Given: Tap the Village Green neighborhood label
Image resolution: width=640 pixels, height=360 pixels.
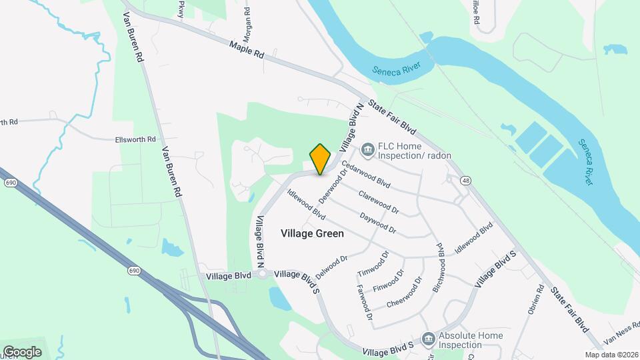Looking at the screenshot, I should coord(313,233).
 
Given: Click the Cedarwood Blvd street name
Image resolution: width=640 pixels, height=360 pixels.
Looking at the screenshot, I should coord(365,172).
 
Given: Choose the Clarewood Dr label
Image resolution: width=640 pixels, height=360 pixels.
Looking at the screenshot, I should coord(378,203).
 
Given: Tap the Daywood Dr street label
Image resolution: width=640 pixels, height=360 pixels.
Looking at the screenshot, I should coord(378,223).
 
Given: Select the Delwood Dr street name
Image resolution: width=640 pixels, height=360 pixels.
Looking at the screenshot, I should coord(332,267).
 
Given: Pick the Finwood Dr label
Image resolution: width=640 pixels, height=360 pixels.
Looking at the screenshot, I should coord(389,281).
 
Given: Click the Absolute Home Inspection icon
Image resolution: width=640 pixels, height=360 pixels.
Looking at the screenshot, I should coord(428,339).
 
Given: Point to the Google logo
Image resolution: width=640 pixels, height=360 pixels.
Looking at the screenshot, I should coord(23,351).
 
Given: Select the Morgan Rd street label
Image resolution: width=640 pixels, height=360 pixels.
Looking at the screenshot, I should coord(248,21).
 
